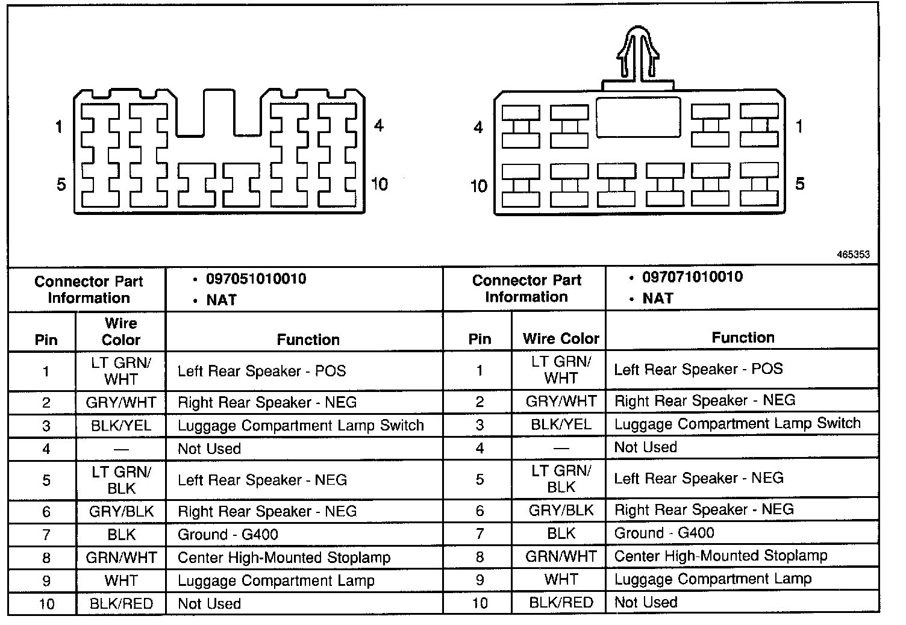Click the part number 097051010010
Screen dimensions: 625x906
256,279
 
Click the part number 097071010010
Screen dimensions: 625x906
692,277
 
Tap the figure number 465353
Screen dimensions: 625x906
853,255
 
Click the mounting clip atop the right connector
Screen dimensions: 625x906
638,54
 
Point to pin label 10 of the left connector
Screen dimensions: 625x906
380,184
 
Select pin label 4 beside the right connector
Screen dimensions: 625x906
478,127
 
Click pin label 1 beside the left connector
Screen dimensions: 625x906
58,127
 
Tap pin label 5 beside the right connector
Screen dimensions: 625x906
799,184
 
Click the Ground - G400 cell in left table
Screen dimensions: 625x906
228,535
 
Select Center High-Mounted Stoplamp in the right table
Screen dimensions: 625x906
720,556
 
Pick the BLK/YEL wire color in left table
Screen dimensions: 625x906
121,426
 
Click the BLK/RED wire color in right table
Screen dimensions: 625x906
561,602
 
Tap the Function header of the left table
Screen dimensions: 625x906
308,340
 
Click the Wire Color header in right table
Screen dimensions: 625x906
561,338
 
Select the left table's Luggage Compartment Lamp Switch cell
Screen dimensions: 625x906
301,426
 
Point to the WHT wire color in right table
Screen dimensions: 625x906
561,579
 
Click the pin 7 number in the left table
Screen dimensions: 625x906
46,535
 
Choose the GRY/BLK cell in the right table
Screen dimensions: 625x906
561,511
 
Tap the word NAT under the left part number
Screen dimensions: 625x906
221,300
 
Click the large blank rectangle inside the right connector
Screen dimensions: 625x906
638,117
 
